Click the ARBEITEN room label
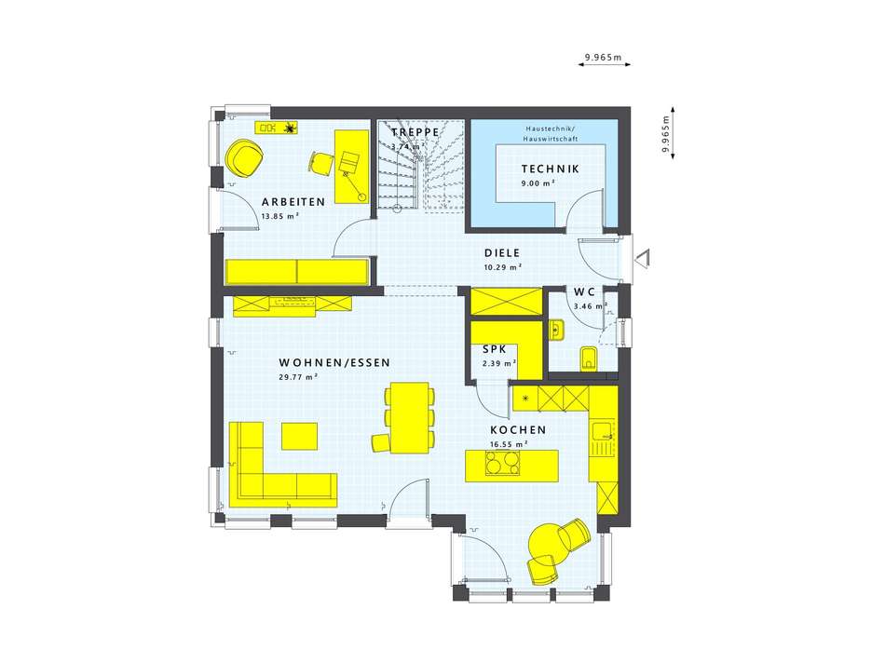tap(293, 202)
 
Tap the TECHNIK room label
tap(550, 169)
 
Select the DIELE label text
tap(502, 253)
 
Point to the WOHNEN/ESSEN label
tap(334, 363)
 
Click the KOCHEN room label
tap(518, 430)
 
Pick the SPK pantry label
tap(495, 350)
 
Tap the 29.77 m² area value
tap(299, 377)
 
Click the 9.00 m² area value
tap(538, 183)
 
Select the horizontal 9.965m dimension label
tap(603, 57)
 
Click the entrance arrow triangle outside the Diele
tap(642, 259)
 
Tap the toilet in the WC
tap(588, 359)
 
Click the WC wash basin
tap(556, 330)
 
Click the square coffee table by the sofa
tap(299, 436)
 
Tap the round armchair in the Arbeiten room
tap(244, 157)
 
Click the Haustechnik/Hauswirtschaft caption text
tap(551, 134)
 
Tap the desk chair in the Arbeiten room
tap(320, 163)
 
